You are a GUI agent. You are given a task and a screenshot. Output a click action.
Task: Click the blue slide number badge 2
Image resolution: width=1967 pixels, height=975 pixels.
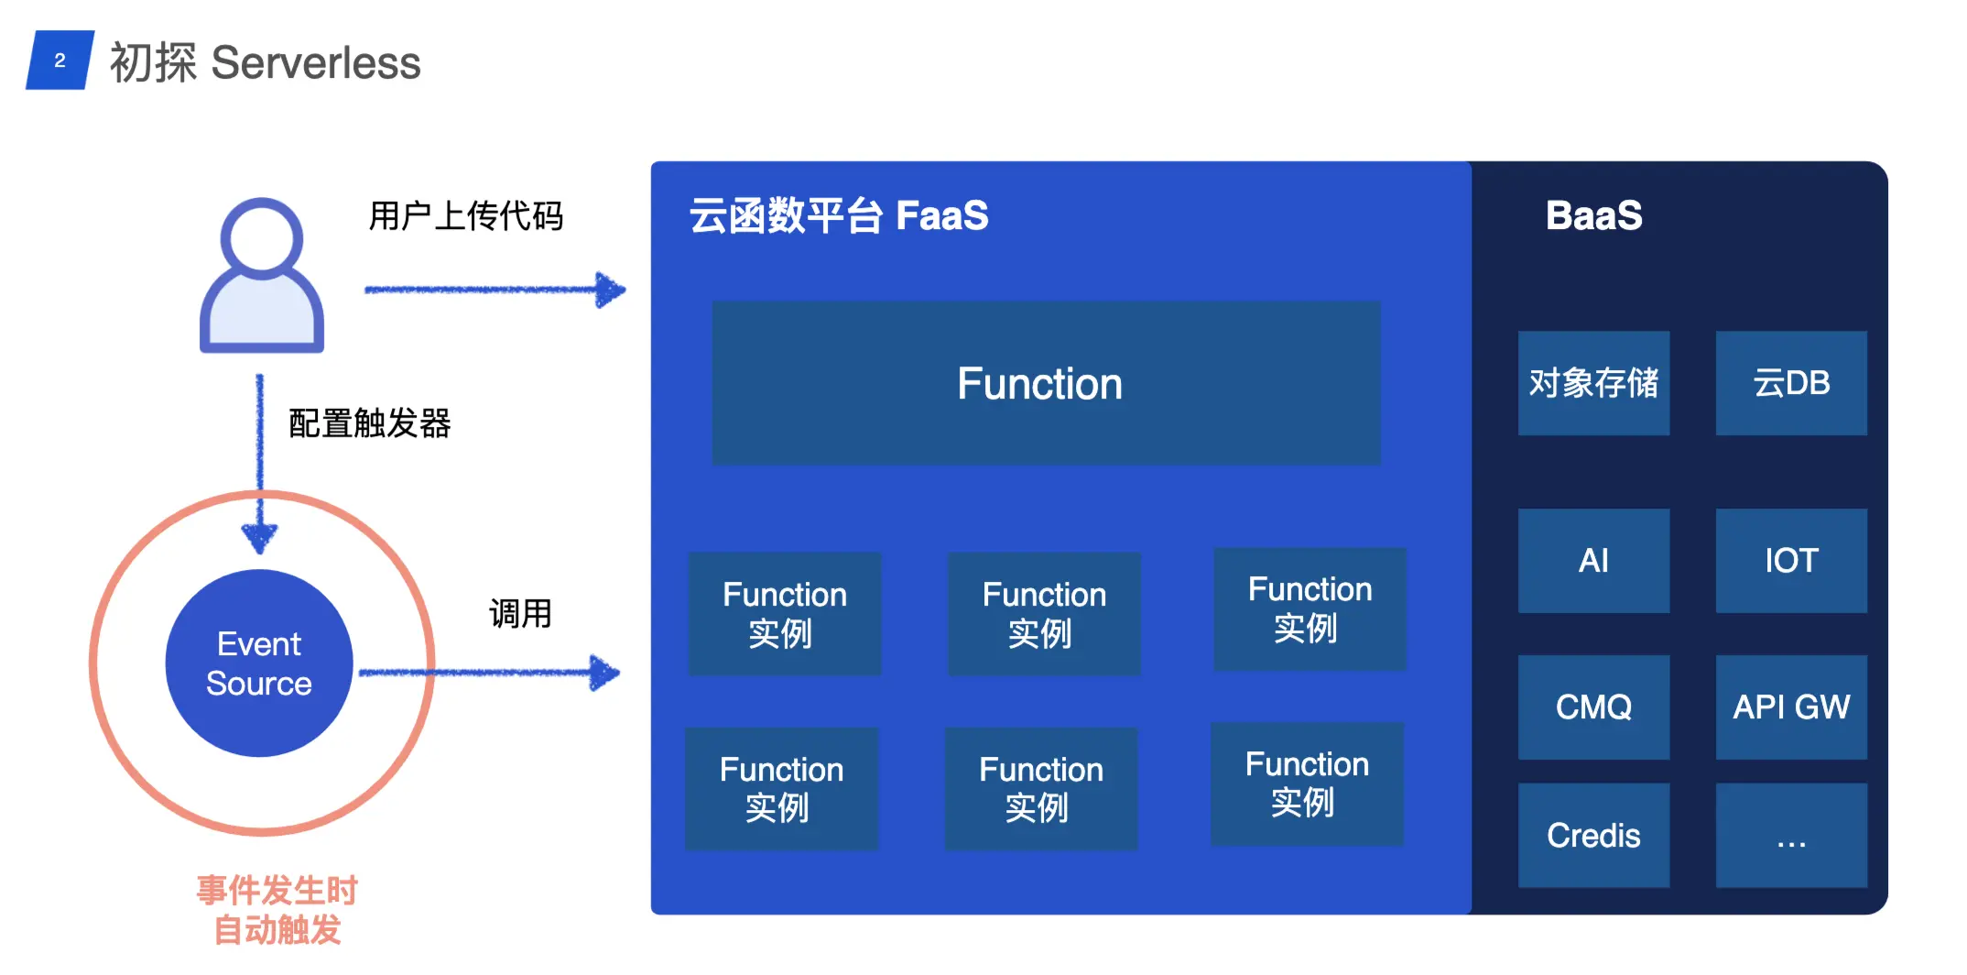60,60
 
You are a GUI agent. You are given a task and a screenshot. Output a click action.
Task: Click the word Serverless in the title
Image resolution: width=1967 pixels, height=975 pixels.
315,63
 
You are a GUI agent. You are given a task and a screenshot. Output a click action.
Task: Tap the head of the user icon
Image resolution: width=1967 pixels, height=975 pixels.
261,238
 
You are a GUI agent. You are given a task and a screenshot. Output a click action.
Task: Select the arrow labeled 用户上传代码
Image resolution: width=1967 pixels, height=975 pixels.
494,290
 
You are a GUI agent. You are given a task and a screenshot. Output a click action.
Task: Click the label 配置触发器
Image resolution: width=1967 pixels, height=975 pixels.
369,423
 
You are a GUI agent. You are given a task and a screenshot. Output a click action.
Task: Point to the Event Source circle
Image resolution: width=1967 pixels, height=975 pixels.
259,663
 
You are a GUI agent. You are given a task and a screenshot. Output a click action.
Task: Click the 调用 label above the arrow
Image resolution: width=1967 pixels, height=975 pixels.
520,613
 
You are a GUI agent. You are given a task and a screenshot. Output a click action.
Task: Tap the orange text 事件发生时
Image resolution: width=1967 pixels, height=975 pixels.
277,890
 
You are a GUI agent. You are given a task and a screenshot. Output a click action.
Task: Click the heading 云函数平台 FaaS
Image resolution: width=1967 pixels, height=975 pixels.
838,216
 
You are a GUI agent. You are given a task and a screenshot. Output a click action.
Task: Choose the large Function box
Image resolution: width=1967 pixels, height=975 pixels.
1046,383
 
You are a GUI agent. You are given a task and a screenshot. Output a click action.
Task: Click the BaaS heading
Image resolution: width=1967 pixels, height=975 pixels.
1593,216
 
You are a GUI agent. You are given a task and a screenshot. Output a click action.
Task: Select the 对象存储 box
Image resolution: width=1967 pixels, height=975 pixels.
1593,383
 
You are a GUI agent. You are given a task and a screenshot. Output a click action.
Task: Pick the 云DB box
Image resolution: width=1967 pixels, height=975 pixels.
1790,383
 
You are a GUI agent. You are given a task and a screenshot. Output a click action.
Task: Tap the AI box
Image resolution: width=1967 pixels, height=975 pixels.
1593,561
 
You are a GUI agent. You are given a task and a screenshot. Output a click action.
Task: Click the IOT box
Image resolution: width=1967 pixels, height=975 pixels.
1790,561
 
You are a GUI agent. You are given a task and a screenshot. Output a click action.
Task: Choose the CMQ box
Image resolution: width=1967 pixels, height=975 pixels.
1593,707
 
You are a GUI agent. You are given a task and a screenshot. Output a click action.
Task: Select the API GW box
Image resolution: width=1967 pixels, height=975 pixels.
1790,707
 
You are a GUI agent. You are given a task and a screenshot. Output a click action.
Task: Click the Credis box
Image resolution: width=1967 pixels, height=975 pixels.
1593,835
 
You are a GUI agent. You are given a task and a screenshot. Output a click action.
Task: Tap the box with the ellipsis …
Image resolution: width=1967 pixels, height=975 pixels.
1790,835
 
